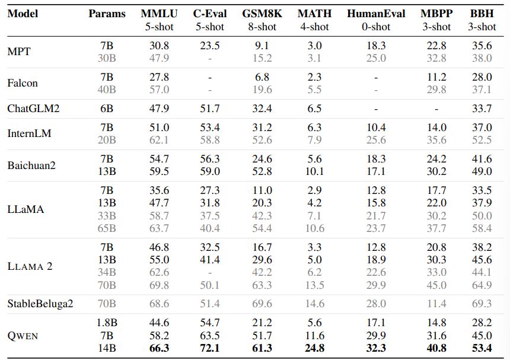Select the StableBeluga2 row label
(x=40, y=304)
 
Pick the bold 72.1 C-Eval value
(x=209, y=348)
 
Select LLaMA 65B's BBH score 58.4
(x=481, y=228)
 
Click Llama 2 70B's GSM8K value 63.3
(x=262, y=285)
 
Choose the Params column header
(x=107, y=13)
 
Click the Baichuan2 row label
(x=31, y=165)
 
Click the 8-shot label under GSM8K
(x=262, y=26)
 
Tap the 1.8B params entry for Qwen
(x=107, y=323)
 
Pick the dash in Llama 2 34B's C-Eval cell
(x=209, y=273)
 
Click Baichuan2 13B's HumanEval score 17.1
(x=376, y=171)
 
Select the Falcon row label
(x=23, y=83)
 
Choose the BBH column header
(x=481, y=13)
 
